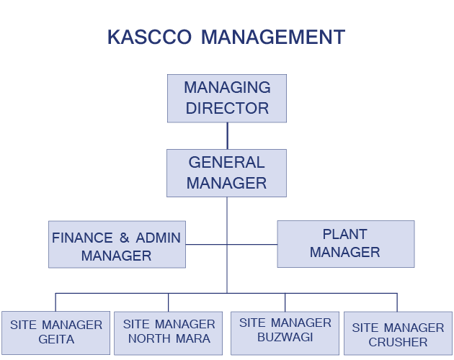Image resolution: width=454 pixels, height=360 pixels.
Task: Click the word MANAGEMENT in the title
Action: [273, 37]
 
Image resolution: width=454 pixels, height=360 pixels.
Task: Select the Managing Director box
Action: [227, 98]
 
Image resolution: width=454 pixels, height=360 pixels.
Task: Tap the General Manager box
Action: [226, 173]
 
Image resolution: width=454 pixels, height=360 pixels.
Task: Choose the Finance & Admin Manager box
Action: [117, 245]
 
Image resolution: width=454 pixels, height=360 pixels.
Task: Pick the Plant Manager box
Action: [345, 243]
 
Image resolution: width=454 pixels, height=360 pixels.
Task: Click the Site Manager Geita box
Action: [55, 332]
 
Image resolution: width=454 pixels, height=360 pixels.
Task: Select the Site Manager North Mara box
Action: [169, 332]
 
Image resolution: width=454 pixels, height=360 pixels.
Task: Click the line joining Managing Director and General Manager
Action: [227, 135]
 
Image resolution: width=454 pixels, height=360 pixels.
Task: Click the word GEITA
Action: [55, 339]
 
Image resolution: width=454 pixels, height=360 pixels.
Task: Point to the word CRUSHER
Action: [398, 343]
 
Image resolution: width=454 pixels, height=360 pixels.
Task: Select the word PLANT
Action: [344, 235]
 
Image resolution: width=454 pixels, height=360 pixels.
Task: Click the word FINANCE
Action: [82, 238]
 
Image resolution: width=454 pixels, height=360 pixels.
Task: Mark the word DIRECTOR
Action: [227, 109]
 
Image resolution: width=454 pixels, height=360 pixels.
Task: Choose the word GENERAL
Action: [226, 163]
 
